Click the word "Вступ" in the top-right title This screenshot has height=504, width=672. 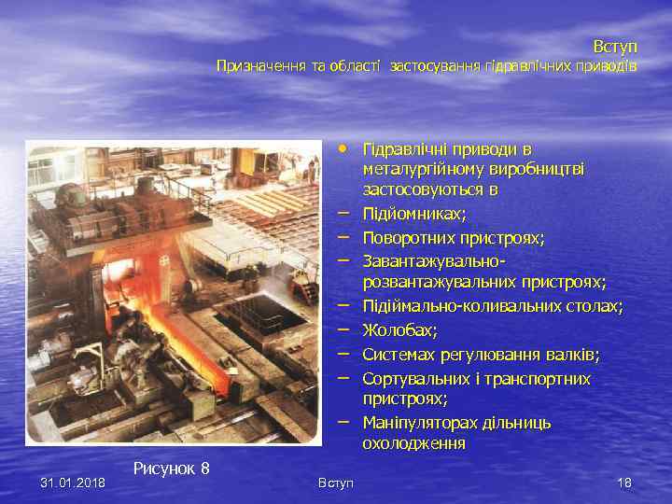coord(614,46)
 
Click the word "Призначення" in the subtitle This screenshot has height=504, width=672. coord(253,66)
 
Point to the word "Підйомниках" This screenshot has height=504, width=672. coord(413,214)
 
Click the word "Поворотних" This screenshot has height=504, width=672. coord(404,237)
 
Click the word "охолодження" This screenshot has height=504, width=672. coord(413,443)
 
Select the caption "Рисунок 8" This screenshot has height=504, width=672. coord(171,468)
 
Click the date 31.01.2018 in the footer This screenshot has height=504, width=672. coord(73,483)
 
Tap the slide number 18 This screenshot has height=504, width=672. coord(624,483)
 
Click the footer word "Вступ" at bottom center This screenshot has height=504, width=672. coord(336,483)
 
